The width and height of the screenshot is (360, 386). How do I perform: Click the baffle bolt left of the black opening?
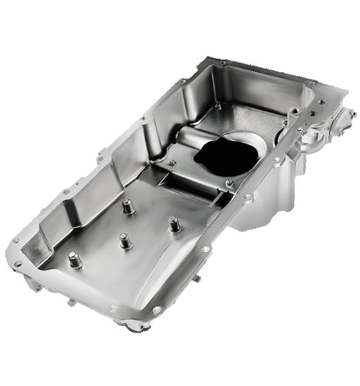click(x=172, y=163)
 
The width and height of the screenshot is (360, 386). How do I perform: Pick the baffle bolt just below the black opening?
click(x=230, y=184)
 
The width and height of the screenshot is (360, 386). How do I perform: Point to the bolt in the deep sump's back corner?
click(x=219, y=105)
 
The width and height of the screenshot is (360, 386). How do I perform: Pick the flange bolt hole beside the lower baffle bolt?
click(x=247, y=197)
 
